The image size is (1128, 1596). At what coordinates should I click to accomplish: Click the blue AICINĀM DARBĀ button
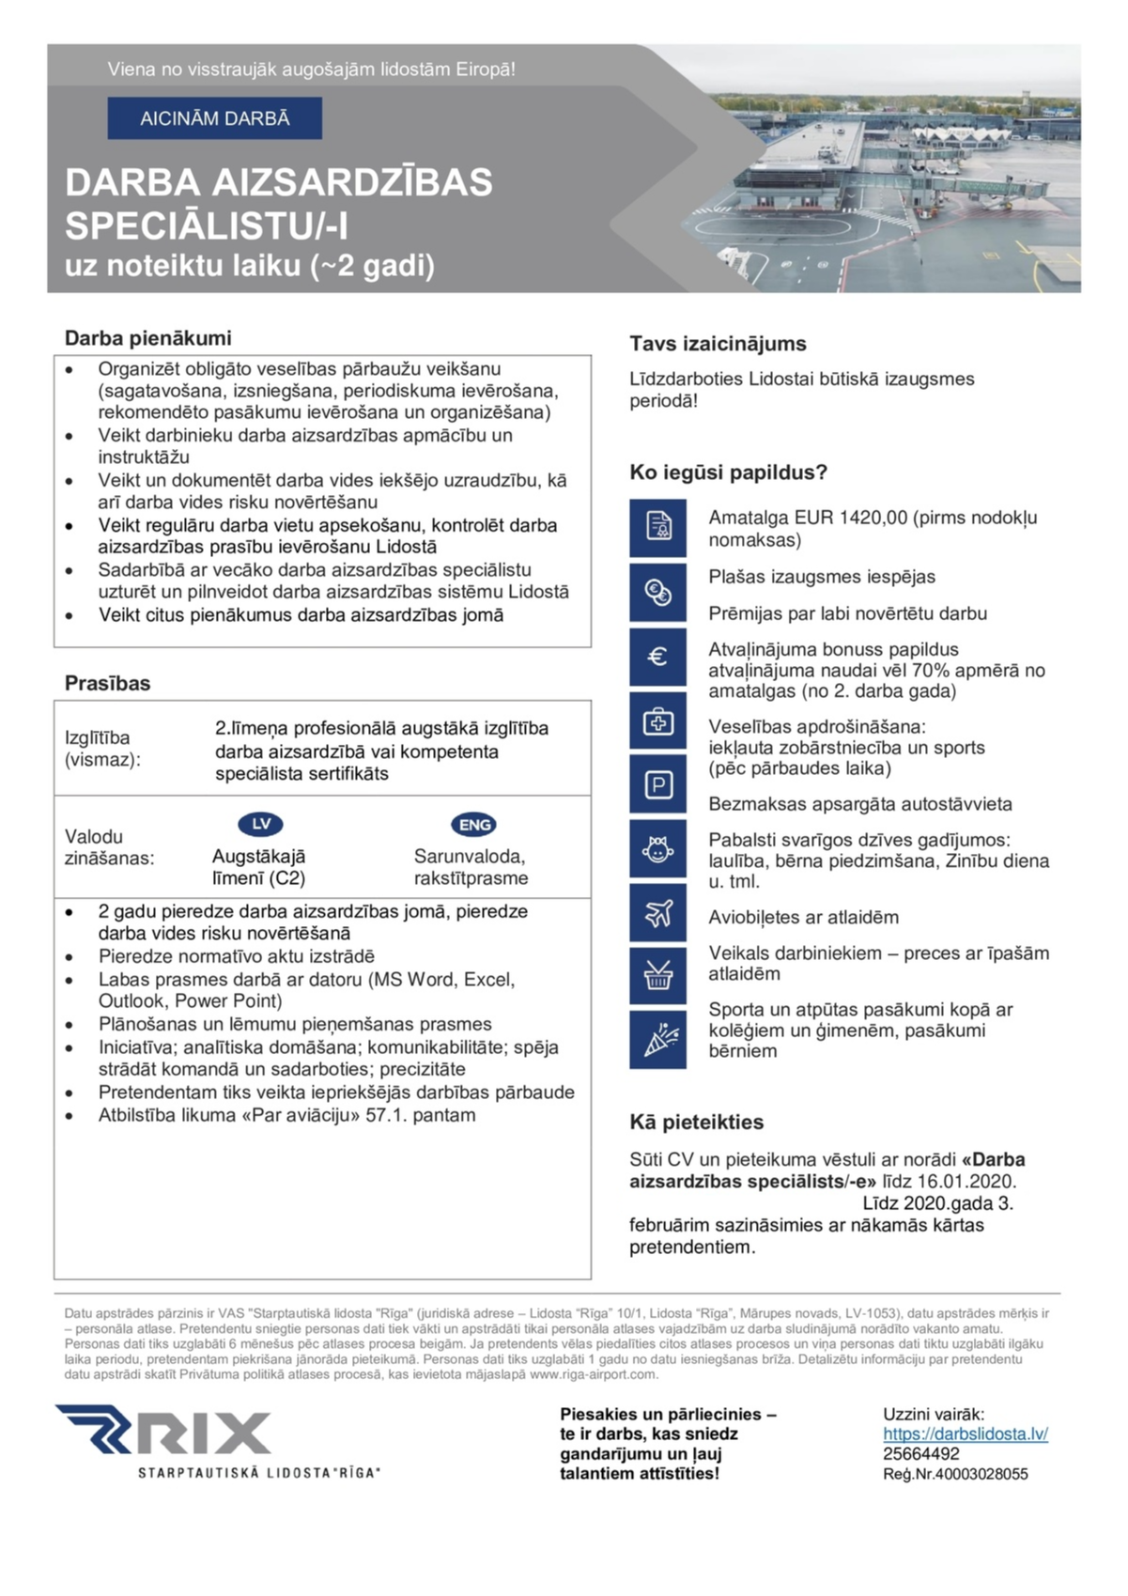(x=214, y=118)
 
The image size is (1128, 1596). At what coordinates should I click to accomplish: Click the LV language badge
(x=260, y=824)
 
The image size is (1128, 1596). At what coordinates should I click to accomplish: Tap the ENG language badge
(x=474, y=825)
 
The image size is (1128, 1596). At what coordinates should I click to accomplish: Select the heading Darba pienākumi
(x=147, y=338)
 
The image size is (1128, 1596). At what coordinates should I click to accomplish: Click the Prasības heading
(x=107, y=683)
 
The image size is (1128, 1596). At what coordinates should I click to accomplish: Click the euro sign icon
(x=657, y=656)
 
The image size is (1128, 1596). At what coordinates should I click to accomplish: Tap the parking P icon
(x=657, y=784)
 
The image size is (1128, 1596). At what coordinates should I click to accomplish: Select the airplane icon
(x=657, y=913)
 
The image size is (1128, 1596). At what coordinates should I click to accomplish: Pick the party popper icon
(x=657, y=1040)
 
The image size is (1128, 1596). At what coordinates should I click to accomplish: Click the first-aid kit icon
(x=657, y=721)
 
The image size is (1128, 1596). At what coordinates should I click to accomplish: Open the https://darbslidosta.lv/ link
(x=965, y=1434)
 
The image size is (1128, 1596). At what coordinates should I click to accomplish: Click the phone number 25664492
(x=920, y=1454)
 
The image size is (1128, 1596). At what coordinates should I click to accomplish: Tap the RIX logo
(x=164, y=1433)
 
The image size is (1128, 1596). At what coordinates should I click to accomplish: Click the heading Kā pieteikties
(x=696, y=1122)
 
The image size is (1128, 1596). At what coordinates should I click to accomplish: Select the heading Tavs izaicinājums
(x=718, y=344)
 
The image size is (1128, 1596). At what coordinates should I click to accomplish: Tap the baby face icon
(x=657, y=849)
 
